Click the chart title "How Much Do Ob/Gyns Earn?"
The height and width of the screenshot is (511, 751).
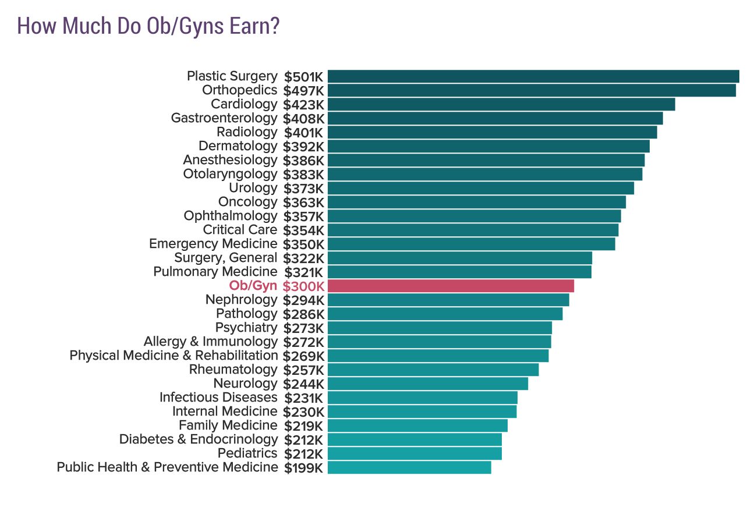click(148, 26)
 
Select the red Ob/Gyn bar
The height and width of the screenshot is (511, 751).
click(451, 286)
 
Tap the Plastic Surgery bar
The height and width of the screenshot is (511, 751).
click(533, 76)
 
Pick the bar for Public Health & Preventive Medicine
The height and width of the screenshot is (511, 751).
click(409, 467)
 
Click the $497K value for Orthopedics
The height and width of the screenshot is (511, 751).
click(303, 91)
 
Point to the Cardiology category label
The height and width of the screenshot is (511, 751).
click(244, 104)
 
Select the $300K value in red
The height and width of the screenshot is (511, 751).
click(303, 286)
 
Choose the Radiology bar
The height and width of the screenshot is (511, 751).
click(492, 132)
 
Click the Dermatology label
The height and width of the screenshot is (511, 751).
click(238, 146)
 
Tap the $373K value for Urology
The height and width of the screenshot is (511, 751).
click(303, 189)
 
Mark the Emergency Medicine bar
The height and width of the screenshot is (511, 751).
click(471, 244)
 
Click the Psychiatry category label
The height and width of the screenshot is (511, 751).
click(246, 328)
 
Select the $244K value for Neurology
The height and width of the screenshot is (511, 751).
click(303, 384)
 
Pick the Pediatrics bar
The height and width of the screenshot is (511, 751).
click(415, 453)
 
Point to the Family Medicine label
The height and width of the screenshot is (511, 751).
click(228, 425)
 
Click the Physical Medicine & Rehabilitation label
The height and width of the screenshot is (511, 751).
click(173, 356)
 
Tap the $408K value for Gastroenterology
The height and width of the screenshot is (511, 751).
click(303, 119)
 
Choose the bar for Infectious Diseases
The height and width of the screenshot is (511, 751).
click(422, 398)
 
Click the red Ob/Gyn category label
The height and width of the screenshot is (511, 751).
click(253, 286)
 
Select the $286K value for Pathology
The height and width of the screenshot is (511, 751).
click(303, 314)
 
